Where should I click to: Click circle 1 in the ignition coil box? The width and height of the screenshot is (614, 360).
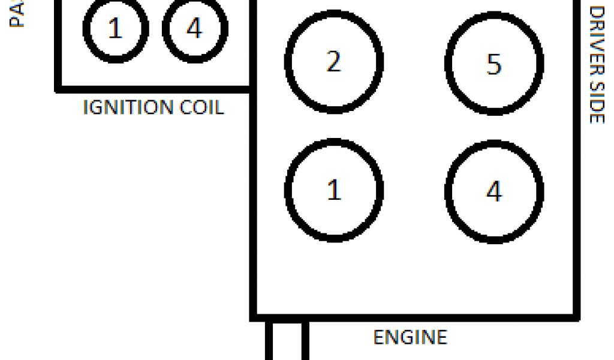click(x=115, y=28)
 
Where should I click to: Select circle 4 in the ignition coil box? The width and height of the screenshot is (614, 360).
click(x=195, y=28)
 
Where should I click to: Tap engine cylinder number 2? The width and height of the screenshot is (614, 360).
click(x=333, y=61)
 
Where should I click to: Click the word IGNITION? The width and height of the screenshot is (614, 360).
click(x=127, y=108)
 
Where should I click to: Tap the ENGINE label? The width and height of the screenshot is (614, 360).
click(x=410, y=337)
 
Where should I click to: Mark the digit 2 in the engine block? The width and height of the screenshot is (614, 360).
click(x=333, y=62)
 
